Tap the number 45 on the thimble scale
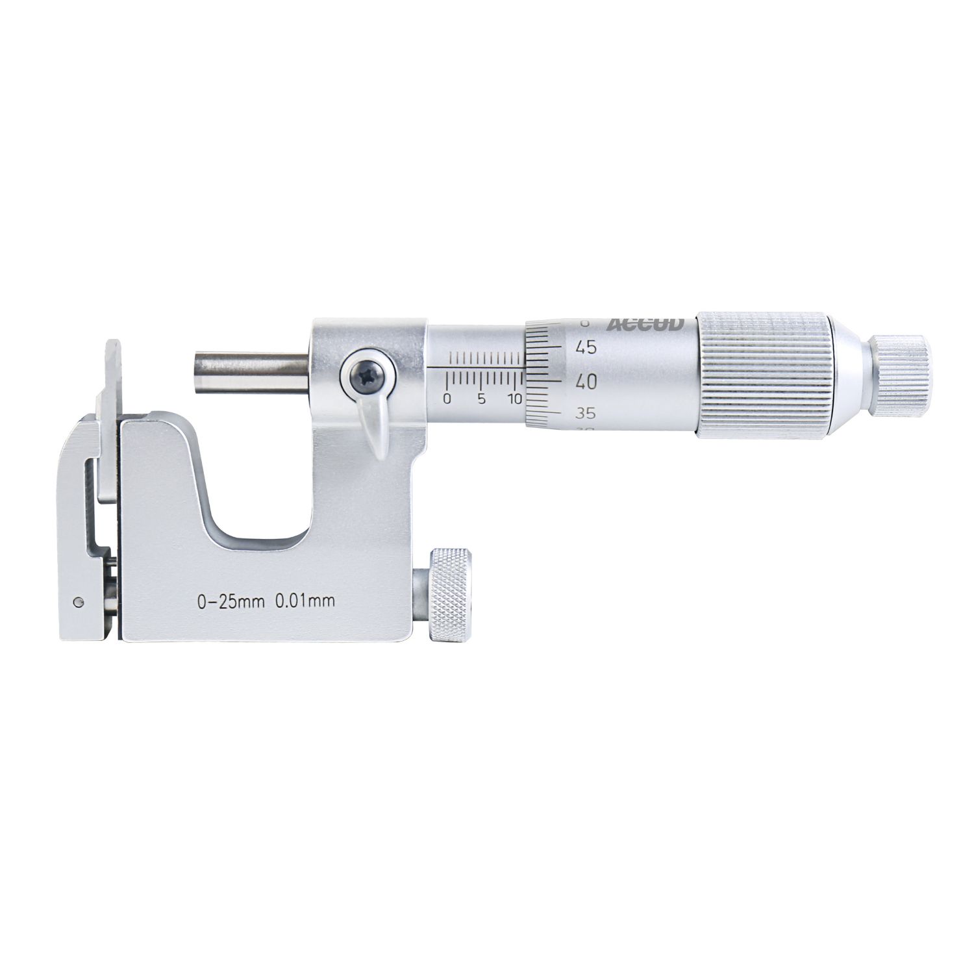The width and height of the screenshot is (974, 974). pyautogui.click(x=586, y=348)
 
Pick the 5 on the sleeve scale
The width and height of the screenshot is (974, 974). pyautogui.click(x=481, y=399)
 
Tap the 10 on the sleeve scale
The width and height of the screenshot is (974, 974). pyautogui.click(x=515, y=399)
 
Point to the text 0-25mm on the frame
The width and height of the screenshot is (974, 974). pyautogui.click(x=231, y=601)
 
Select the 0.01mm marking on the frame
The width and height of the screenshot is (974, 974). pyautogui.click(x=305, y=601)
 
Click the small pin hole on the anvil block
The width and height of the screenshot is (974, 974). pyautogui.click(x=78, y=601)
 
